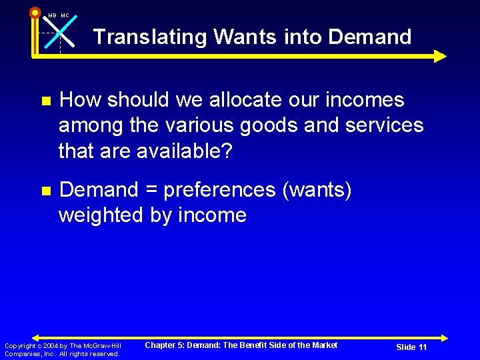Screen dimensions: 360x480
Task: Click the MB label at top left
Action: tap(52, 15)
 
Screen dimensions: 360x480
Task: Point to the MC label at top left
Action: tap(65, 15)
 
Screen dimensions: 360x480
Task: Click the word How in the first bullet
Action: tap(80, 100)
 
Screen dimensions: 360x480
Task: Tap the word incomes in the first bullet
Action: tap(364, 100)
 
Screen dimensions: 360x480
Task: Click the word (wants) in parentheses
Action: tap(317, 191)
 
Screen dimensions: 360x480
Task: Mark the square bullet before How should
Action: tap(45, 101)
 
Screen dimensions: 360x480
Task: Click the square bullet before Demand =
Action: tap(45, 191)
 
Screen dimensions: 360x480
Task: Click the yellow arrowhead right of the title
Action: tap(440, 56)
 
